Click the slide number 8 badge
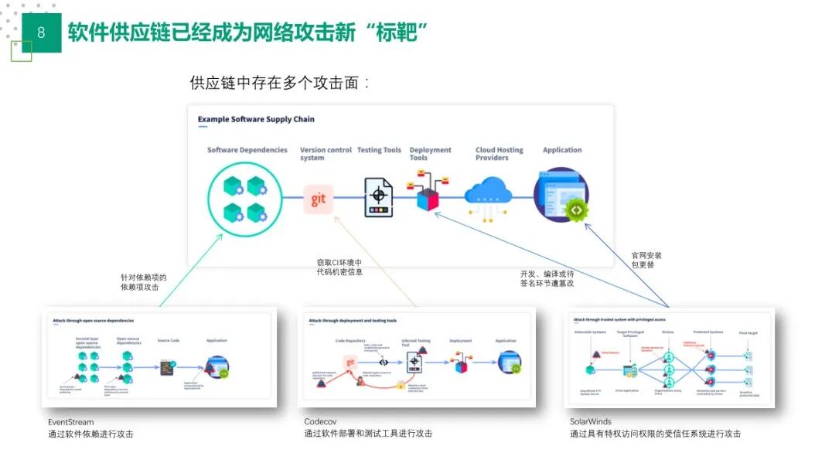pyautogui.click(x=41, y=32)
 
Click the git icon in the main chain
pyautogui.click(x=319, y=199)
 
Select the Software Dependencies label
pyautogui.click(x=247, y=150)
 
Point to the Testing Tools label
pyautogui.click(x=379, y=150)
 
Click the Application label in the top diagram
pyautogui.click(x=562, y=150)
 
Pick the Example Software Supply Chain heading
pyautogui.click(x=256, y=120)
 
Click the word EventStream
pyautogui.click(x=70, y=422)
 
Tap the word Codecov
pyautogui.click(x=321, y=422)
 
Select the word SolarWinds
pyautogui.click(x=591, y=422)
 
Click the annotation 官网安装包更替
pyautogui.click(x=646, y=260)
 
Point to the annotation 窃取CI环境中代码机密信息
pyautogui.click(x=339, y=267)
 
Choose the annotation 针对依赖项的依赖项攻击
pyautogui.click(x=143, y=282)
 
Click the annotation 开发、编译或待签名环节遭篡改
pyautogui.click(x=547, y=278)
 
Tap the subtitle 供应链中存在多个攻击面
pyautogui.click(x=280, y=83)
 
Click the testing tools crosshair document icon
pyautogui.click(x=379, y=197)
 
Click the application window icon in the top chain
pyautogui.click(x=561, y=197)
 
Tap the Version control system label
pyautogui.click(x=326, y=154)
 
